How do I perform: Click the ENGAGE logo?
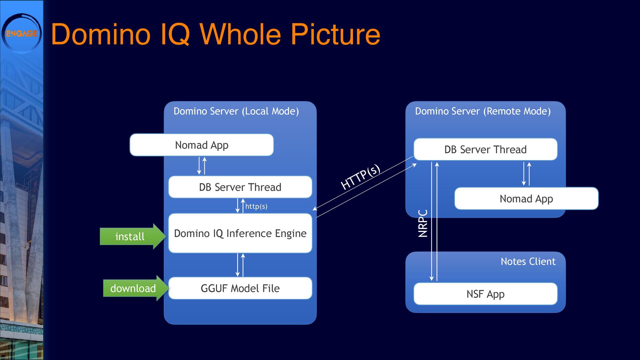(22, 33)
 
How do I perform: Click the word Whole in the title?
(240, 34)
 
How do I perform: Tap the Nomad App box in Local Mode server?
(202, 145)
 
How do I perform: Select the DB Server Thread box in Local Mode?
(240, 187)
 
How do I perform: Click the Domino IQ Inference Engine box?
(240, 233)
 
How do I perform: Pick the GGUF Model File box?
(240, 288)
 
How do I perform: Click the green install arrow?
(133, 236)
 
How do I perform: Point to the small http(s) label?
(256, 206)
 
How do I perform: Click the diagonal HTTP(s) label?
(360, 177)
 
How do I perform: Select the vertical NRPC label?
(423, 223)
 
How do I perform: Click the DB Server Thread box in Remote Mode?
(485, 149)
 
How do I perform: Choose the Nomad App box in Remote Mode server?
(526, 199)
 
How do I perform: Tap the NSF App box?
(485, 294)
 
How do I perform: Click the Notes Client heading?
(528, 262)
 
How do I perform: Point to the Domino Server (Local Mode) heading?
(236, 111)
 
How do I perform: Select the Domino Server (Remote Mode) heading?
(483, 111)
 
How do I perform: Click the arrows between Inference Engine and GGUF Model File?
(240, 265)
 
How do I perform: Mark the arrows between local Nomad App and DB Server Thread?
(202, 166)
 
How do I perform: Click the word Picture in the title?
(335, 34)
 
